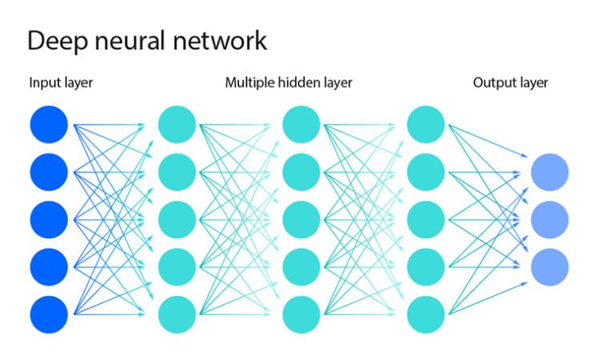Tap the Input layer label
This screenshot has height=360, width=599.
click(61, 82)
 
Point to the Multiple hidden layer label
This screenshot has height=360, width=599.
click(288, 82)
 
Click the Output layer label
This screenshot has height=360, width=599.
click(510, 82)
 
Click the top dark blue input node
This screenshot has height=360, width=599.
click(49, 124)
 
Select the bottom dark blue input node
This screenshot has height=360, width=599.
click(49, 314)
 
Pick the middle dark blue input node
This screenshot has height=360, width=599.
click(49, 218)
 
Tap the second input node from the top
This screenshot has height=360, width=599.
click(49, 171)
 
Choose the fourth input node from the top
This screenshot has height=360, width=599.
click(49, 266)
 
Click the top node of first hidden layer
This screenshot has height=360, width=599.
click(177, 124)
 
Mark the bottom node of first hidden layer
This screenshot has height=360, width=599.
click(177, 314)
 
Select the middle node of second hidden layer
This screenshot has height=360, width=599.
click(301, 218)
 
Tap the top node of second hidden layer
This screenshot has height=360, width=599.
click(301, 124)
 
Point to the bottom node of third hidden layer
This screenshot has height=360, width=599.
click(425, 314)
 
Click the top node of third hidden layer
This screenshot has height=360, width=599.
click(425, 124)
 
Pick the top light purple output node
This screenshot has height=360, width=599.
click(549, 171)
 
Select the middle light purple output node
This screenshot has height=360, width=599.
click(549, 218)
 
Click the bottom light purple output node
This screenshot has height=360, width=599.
click(549, 266)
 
